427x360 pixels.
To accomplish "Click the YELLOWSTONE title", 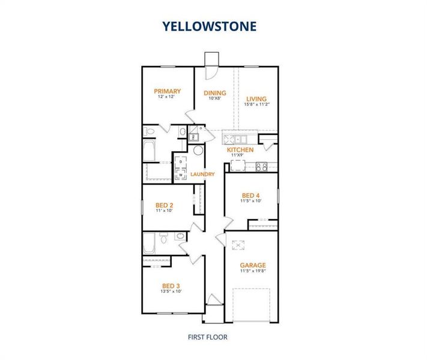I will [209, 26].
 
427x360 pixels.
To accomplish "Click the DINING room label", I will [214, 93].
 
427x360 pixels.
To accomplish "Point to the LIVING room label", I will [256, 99].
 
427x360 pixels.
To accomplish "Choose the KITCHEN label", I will [240, 150].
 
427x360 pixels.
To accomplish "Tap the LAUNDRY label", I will [202, 175].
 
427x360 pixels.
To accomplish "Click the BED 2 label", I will [164, 205].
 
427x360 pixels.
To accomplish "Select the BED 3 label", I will [171, 286].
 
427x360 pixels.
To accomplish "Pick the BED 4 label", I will [251, 196].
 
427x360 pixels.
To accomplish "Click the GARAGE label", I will [252, 265].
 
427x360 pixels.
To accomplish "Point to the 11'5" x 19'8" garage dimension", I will [252, 271].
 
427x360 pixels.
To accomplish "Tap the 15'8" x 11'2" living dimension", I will [256, 105].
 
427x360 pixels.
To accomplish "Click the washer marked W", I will [181, 175].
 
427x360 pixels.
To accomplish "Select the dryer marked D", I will [181, 162].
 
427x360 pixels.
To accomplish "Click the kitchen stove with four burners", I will [261, 166].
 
